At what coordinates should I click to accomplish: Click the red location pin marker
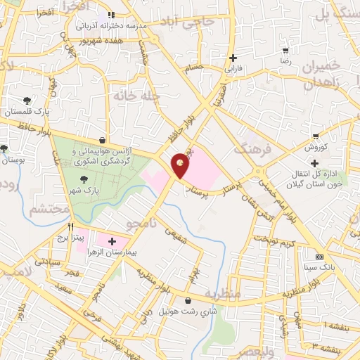[181, 165]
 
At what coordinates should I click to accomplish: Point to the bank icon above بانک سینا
[320, 256]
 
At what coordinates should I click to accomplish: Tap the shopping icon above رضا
[285, 51]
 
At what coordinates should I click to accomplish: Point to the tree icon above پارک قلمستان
[27, 101]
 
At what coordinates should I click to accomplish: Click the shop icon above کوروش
[316, 136]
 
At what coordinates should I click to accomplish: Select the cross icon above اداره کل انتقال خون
[314, 164]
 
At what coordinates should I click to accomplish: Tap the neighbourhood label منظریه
[224, 292]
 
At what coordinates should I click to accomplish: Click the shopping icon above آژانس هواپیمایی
[103, 139]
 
